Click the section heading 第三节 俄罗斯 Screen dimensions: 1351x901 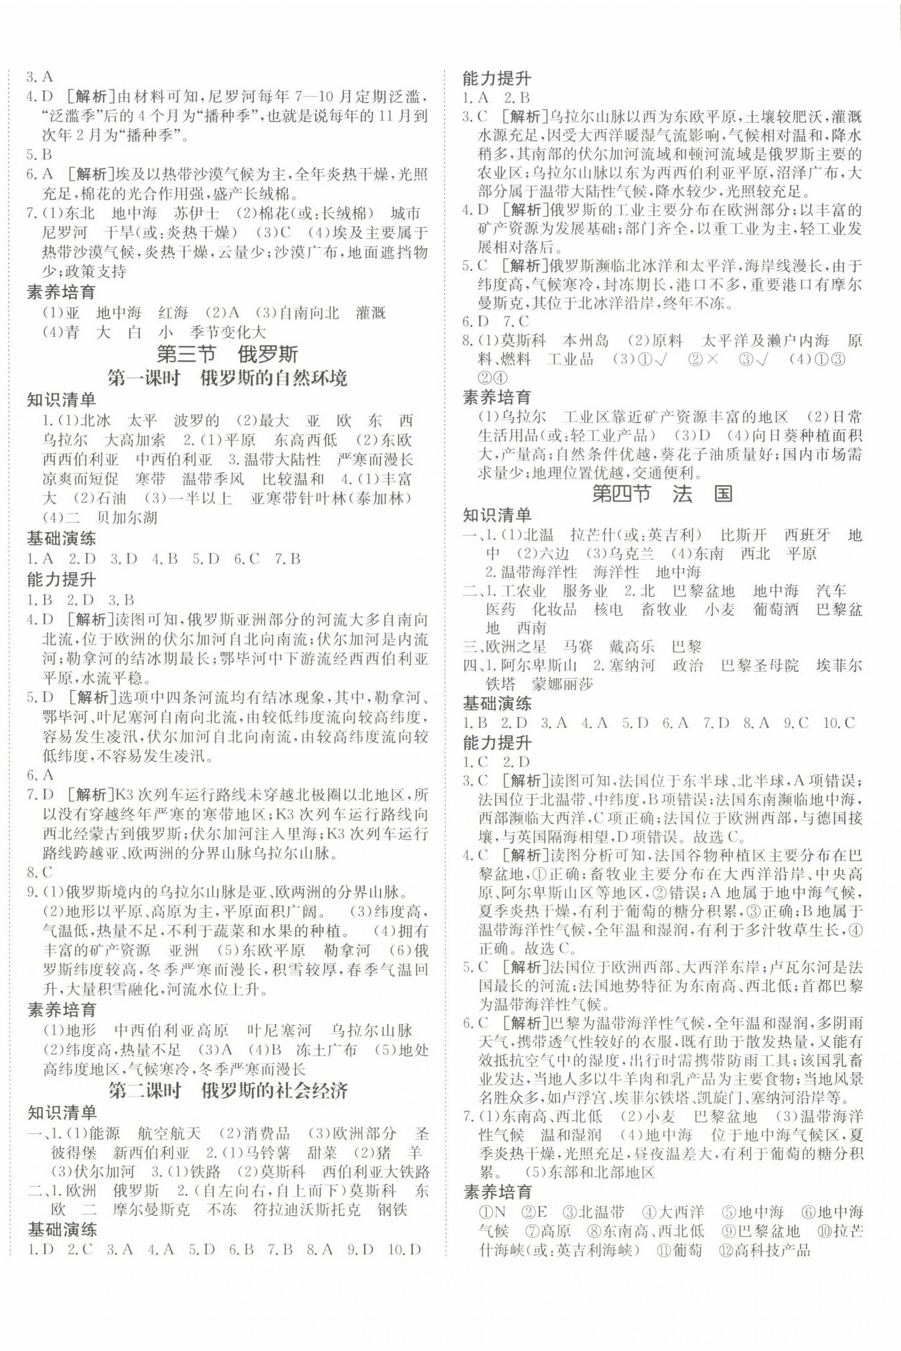(227, 354)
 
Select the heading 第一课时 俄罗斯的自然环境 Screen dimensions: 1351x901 (227, 378)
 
